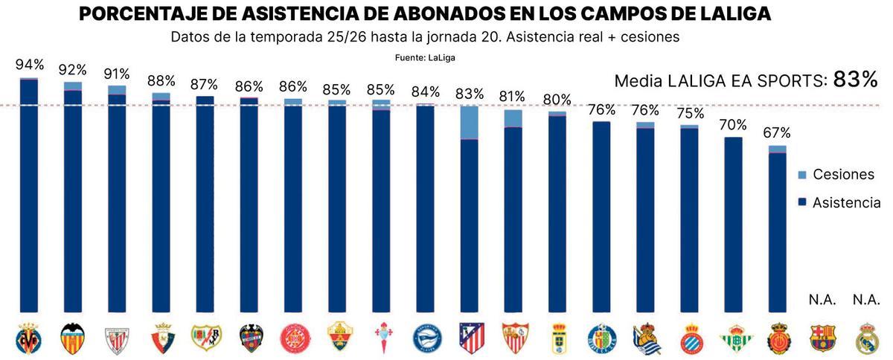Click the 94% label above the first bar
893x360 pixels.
coord(28,65)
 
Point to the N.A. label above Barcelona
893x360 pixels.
coord(822,300)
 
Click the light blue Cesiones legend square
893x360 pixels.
coord(801,174)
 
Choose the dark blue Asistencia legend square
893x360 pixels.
coord(801,202)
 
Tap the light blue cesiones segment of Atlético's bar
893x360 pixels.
coord(469,123)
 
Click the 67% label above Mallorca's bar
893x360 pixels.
coord(777,133)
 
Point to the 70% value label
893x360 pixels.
coord(734,126)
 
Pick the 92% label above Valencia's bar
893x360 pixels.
coord(72,70)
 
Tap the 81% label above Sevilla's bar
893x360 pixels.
coord(513,97)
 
